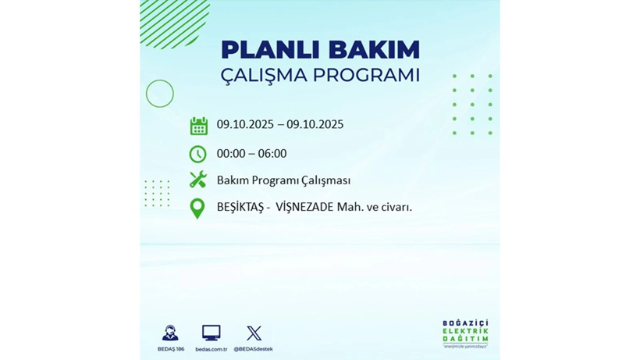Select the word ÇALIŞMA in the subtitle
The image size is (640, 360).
pos(264,76)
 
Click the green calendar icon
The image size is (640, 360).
pos(198,126)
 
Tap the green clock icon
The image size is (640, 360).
pos(198,154)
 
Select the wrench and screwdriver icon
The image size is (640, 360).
pos(198,180)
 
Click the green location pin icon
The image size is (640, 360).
pos(197,208)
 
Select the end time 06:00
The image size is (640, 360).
pos(272,153)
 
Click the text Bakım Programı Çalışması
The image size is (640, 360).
pos(283,180)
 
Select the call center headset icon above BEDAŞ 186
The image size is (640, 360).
pos(170,333)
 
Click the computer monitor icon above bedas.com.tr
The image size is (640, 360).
pos(211,333)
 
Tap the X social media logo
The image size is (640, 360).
pos(254,333)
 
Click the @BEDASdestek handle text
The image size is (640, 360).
pos(254,349)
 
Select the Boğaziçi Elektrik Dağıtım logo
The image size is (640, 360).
pos(465,333)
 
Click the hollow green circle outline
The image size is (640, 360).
pos(159,94)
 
